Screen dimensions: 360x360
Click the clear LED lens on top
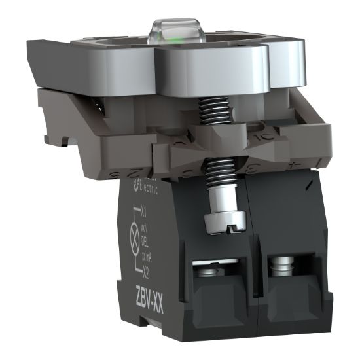pyautogui.click(x=167, y=29)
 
